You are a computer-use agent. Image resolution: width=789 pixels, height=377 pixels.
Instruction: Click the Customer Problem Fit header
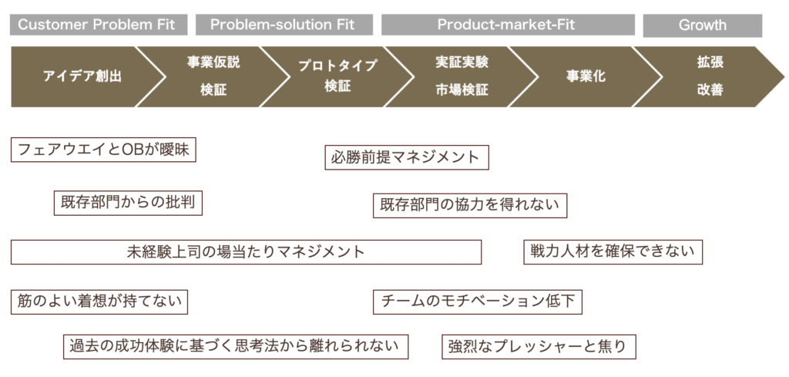pos(99,25)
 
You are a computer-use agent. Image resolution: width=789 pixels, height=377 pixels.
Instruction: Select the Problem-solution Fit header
pos(284,25)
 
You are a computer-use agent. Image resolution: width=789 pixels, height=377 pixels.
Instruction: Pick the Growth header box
pos(703,25)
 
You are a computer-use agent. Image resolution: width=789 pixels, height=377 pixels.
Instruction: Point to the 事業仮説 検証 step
pos(213,76)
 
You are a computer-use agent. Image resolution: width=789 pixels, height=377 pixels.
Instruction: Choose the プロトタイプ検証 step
pos(337,76)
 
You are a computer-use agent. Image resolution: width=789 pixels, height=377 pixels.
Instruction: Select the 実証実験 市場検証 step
pos(462,76)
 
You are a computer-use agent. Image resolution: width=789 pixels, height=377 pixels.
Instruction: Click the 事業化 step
pos(586,76)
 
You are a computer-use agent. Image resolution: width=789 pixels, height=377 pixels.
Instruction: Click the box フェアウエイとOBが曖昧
pos(103,150)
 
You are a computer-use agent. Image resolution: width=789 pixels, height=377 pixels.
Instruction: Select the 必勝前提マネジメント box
pos(407,157)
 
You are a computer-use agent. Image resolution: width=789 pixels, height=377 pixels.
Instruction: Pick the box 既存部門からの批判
pos(129,203)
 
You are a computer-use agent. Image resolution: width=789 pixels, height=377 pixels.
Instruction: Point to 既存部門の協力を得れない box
pos(470,205)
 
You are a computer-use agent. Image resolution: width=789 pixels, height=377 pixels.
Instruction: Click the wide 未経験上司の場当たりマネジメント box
pos(246,252)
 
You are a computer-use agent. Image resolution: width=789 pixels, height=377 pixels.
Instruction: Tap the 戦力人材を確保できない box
pos(613,251)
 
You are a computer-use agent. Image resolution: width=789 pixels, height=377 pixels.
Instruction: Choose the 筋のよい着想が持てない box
pos(99,302)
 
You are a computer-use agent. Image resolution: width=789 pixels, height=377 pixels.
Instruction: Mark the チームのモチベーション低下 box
pos(478,302)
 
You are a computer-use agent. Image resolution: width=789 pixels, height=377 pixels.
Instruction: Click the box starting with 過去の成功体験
pos(236,346)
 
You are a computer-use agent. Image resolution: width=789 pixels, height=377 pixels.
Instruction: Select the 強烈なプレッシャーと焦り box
pos(539,347)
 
